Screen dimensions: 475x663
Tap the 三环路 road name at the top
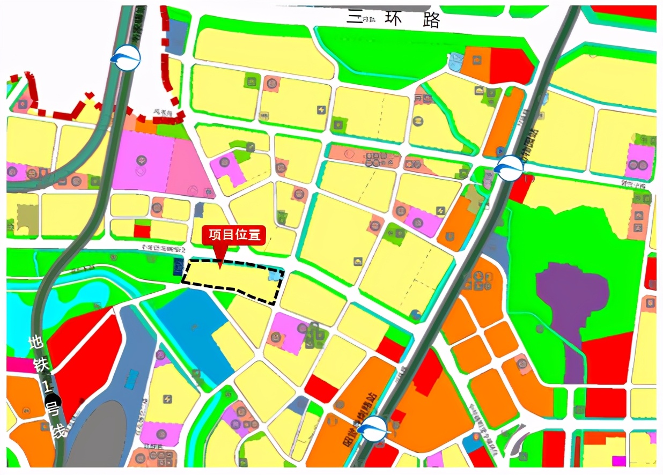click(x=394, y=18)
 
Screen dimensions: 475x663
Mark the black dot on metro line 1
click(x=55, y=400)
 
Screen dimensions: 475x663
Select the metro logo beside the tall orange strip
click(x=509, y=168)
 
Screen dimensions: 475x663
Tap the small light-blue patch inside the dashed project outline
click(x=274, y=276)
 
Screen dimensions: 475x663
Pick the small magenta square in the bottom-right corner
click(x=618, y=461)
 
